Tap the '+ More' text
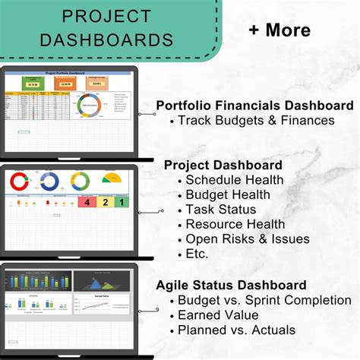[279, 30]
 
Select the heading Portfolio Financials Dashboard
[254, 105]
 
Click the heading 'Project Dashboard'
[223, 164]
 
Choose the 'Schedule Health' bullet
[235, 180]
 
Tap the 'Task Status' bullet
[222, 209]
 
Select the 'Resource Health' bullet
[235, 224]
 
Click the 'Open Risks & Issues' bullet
[248, 238]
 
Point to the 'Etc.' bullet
[197, 254]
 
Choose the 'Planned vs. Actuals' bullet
[236, 330]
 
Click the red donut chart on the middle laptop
[18, 181]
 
